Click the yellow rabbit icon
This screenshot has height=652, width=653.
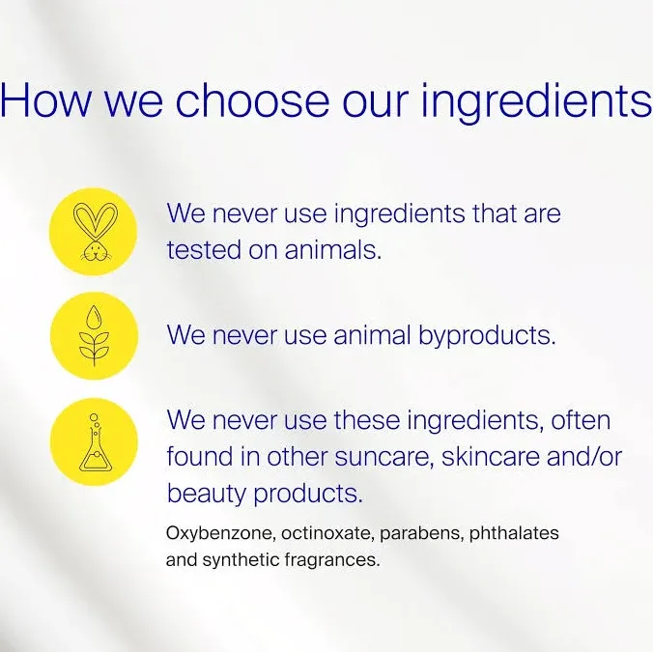point(94,232)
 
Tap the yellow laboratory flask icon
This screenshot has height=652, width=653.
point(94,441)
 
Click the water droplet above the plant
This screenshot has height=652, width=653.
point(94,318)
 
